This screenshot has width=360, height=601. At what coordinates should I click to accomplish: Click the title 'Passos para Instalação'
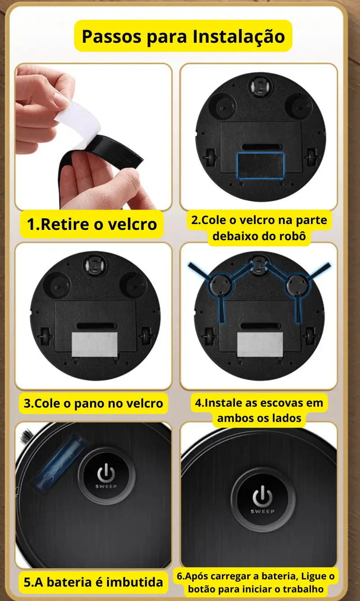[x=183, y=36]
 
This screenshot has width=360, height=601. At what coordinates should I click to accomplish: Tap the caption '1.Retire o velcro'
[x=92, y=224]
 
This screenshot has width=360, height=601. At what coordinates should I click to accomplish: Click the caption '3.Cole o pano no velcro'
[x=93, y=403]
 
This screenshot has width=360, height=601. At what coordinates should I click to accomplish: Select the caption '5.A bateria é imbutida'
[x=93, y=582]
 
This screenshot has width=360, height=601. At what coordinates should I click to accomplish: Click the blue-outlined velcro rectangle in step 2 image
[x=261, y=164]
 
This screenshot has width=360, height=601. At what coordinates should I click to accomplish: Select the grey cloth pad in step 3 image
[x=94, y=344]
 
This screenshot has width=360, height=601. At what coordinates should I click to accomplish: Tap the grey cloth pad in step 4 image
[x=260, y=345]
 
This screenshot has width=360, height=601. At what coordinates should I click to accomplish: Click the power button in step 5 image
[x=106, y=475]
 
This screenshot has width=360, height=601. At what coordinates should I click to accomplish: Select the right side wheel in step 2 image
[x=312, y=157]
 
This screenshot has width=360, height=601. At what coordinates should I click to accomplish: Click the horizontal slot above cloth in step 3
[x=95, y=325]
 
